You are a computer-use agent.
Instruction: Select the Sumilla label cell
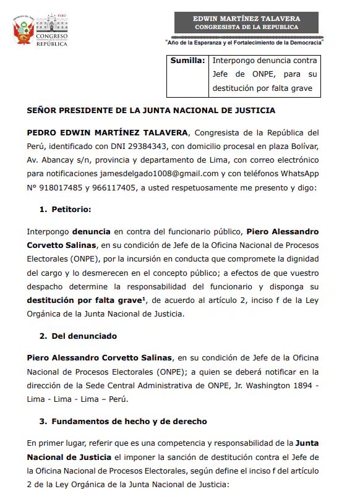pos(188,61)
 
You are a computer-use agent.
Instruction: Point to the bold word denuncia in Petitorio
pos(91,231)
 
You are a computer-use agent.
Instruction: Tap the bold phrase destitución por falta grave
pos(84,300)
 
